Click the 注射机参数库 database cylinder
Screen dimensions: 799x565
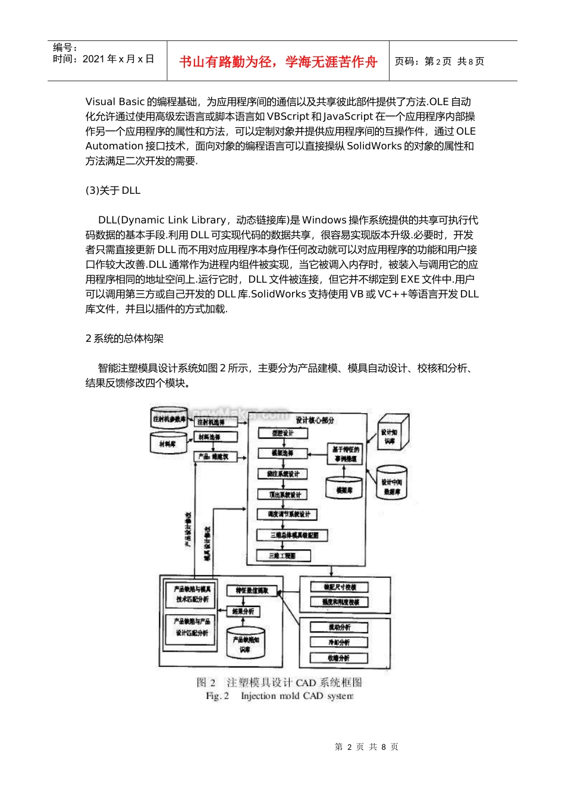tap(170, 419)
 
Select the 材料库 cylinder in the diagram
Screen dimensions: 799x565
tap(168, 442)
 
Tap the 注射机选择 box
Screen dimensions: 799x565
tap(215, 422)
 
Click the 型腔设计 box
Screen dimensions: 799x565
tap(283, 433)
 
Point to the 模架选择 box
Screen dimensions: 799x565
tap(283, 453)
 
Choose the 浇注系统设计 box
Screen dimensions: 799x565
tap(283, 474)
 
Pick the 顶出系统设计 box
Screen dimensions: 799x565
tap(283, 494)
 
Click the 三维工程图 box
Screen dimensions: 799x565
tap(283, 555)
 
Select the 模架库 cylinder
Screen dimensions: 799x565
tap(344, 489)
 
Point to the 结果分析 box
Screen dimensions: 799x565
tap(243, 611)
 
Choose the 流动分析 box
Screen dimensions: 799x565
tap(340, 627)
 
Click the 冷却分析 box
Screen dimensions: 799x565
tap(340, 643)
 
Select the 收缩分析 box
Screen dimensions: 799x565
tap(340, 658)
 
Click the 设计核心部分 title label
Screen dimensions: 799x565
tap(315, 420)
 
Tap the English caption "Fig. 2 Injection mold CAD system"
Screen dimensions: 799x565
tap(280, 696)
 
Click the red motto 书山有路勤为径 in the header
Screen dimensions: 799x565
tap(278, 62)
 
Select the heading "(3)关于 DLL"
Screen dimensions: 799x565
tap(113, 190)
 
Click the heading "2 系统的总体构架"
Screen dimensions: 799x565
tap(125, 338)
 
